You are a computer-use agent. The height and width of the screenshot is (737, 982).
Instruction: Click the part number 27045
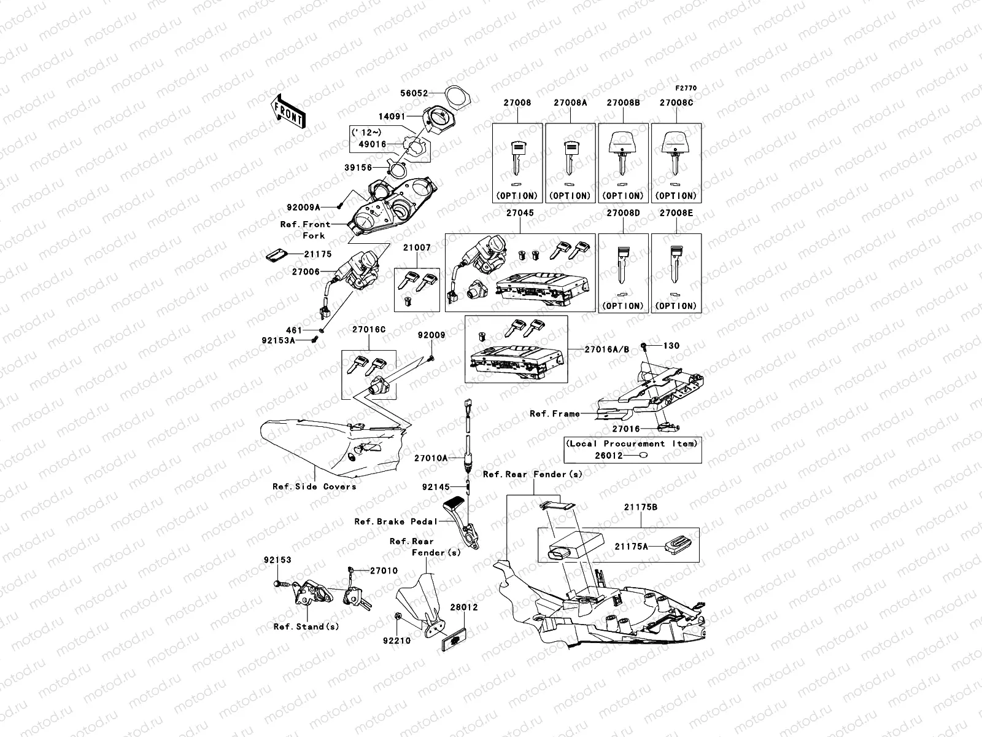click(x=519, y=214)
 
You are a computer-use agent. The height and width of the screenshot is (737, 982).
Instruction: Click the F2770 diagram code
click(x=686, y=88)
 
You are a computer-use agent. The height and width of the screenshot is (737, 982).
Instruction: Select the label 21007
click(x=417, y=248)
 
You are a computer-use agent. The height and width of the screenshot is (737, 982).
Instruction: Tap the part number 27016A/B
click(x=607, y=349)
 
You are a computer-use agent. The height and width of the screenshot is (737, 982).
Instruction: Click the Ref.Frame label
click(x=555, y=414)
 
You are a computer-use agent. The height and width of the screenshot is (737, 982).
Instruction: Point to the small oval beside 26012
click(x=643, y=455)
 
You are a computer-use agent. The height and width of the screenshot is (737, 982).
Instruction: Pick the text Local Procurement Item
click(x=632, y=443)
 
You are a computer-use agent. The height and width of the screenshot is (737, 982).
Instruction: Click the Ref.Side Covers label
click(x=314, y=486)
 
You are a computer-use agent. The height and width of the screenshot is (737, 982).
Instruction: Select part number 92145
click(x=436, y=487)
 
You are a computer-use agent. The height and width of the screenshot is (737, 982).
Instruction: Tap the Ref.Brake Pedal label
click(x=396, y=521)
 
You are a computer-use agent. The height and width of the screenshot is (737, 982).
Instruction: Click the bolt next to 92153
click(x=279, y=583)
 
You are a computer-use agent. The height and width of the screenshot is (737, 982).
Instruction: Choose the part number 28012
click(x=463, y=607)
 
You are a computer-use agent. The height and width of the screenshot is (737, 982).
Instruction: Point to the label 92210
click(x=396, y=641)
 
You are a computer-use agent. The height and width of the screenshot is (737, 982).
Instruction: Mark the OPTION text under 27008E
click(x=676, y=306)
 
